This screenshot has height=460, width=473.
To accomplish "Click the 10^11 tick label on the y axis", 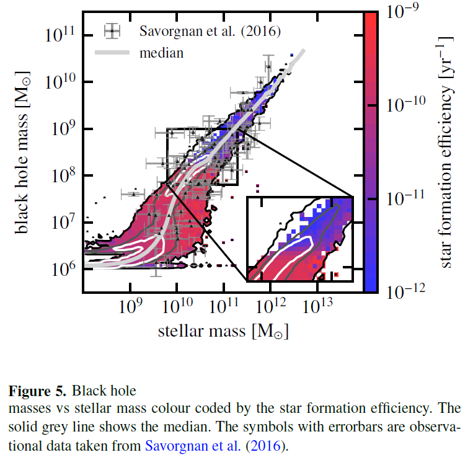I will (61, 35).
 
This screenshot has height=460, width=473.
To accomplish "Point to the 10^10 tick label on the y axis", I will (61, 81).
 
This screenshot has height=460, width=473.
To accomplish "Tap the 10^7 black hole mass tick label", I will (63, 221).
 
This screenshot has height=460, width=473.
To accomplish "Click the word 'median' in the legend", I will (161, 53).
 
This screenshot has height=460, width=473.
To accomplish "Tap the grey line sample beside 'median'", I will (112, 53).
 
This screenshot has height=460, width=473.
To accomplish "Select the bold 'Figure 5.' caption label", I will (37, 391).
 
